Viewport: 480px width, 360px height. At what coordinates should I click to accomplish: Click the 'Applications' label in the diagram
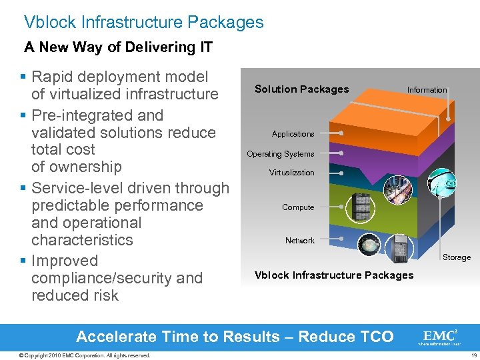coord(293,134)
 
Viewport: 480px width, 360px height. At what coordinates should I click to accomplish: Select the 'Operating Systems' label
coord(280,154)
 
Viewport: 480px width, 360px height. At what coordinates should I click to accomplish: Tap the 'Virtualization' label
coord(291,173)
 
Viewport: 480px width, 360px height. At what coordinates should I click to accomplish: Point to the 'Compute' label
coord(298,207)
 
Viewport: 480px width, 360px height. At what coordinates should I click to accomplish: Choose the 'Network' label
coord(299,241)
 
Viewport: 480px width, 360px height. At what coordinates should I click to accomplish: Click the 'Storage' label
coord(457,257)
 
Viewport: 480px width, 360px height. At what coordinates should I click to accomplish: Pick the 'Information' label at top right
coord(427,90)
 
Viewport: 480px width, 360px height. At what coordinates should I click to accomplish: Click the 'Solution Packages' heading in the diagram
coord(301,89)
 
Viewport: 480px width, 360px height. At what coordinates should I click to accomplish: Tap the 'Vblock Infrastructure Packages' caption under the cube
coord(334,275)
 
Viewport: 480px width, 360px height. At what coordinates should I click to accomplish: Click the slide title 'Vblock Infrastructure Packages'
coord(143,22)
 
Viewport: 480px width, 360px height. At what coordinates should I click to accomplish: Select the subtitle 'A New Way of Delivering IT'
coord(118,47)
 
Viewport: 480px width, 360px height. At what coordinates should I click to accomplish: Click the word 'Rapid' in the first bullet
coord(54,77)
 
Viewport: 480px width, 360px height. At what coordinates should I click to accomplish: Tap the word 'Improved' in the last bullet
coord(65,261)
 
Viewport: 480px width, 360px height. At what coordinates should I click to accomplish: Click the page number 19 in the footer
coord(473,355)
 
